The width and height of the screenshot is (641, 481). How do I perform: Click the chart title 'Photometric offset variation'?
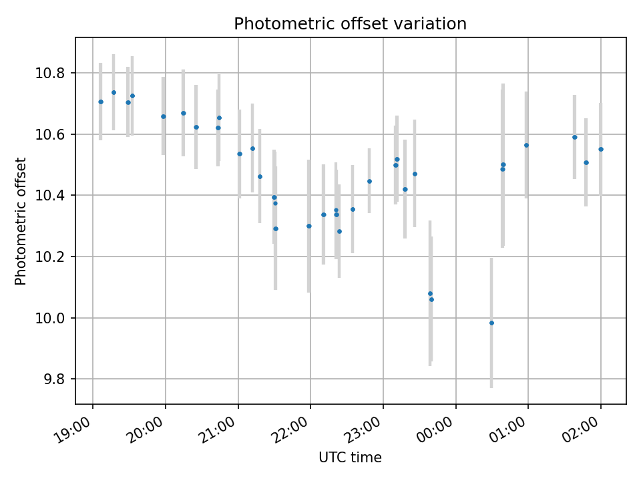(x=350, y=24)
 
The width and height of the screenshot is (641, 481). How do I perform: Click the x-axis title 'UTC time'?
(x=350, y=458)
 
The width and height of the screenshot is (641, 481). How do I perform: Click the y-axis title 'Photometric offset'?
(x=21, y=221)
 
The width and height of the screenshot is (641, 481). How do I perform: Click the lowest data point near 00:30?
(x=491, y=323)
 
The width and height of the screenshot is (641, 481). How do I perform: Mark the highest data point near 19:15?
(x=114, y=92)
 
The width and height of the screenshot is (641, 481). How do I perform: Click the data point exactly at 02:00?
(x=601, y=149)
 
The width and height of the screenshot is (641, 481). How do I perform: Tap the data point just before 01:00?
(x=526, y=145)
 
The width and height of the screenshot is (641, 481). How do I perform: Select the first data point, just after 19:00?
(x=101, y=102)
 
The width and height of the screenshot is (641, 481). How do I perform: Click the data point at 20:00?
(x=163, y=116)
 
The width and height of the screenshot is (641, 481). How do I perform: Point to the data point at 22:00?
(x=308, y=226)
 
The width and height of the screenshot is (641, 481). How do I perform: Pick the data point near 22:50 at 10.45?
(x=369, y=181)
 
